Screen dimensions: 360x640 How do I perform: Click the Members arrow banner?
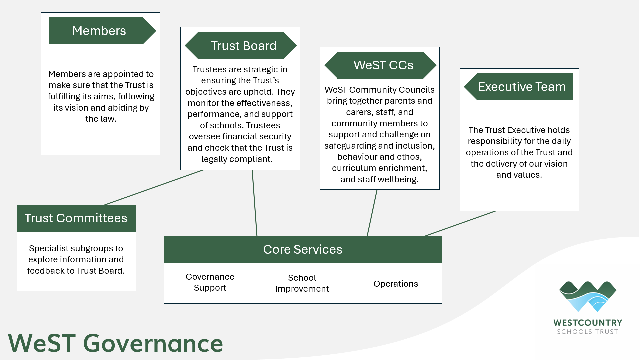tap(99, 31)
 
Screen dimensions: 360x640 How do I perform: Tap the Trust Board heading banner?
tap(241, 46)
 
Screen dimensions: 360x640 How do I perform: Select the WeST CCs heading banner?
tap(380, 65)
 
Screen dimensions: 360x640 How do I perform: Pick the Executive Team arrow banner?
tap(519, 87)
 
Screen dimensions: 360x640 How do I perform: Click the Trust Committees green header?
tap(76, 218)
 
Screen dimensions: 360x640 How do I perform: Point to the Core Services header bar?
tap(302, 250)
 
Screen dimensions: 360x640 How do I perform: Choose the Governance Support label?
tap(210, 282)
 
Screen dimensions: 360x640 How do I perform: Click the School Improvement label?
tap(302, 283)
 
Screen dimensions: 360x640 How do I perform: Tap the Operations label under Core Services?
tap(396, 284)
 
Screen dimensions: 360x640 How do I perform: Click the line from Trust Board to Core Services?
tap(255, 203)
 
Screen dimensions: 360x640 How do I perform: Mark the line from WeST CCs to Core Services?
tap(372, 213)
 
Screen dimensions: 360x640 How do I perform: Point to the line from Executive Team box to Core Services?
tap(460, 224)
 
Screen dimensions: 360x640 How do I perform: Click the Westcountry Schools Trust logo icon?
tap(588, 296)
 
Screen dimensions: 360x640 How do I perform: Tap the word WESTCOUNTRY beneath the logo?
tap(588, 323)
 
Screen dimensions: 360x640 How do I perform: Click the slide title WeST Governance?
tap(115, 343)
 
